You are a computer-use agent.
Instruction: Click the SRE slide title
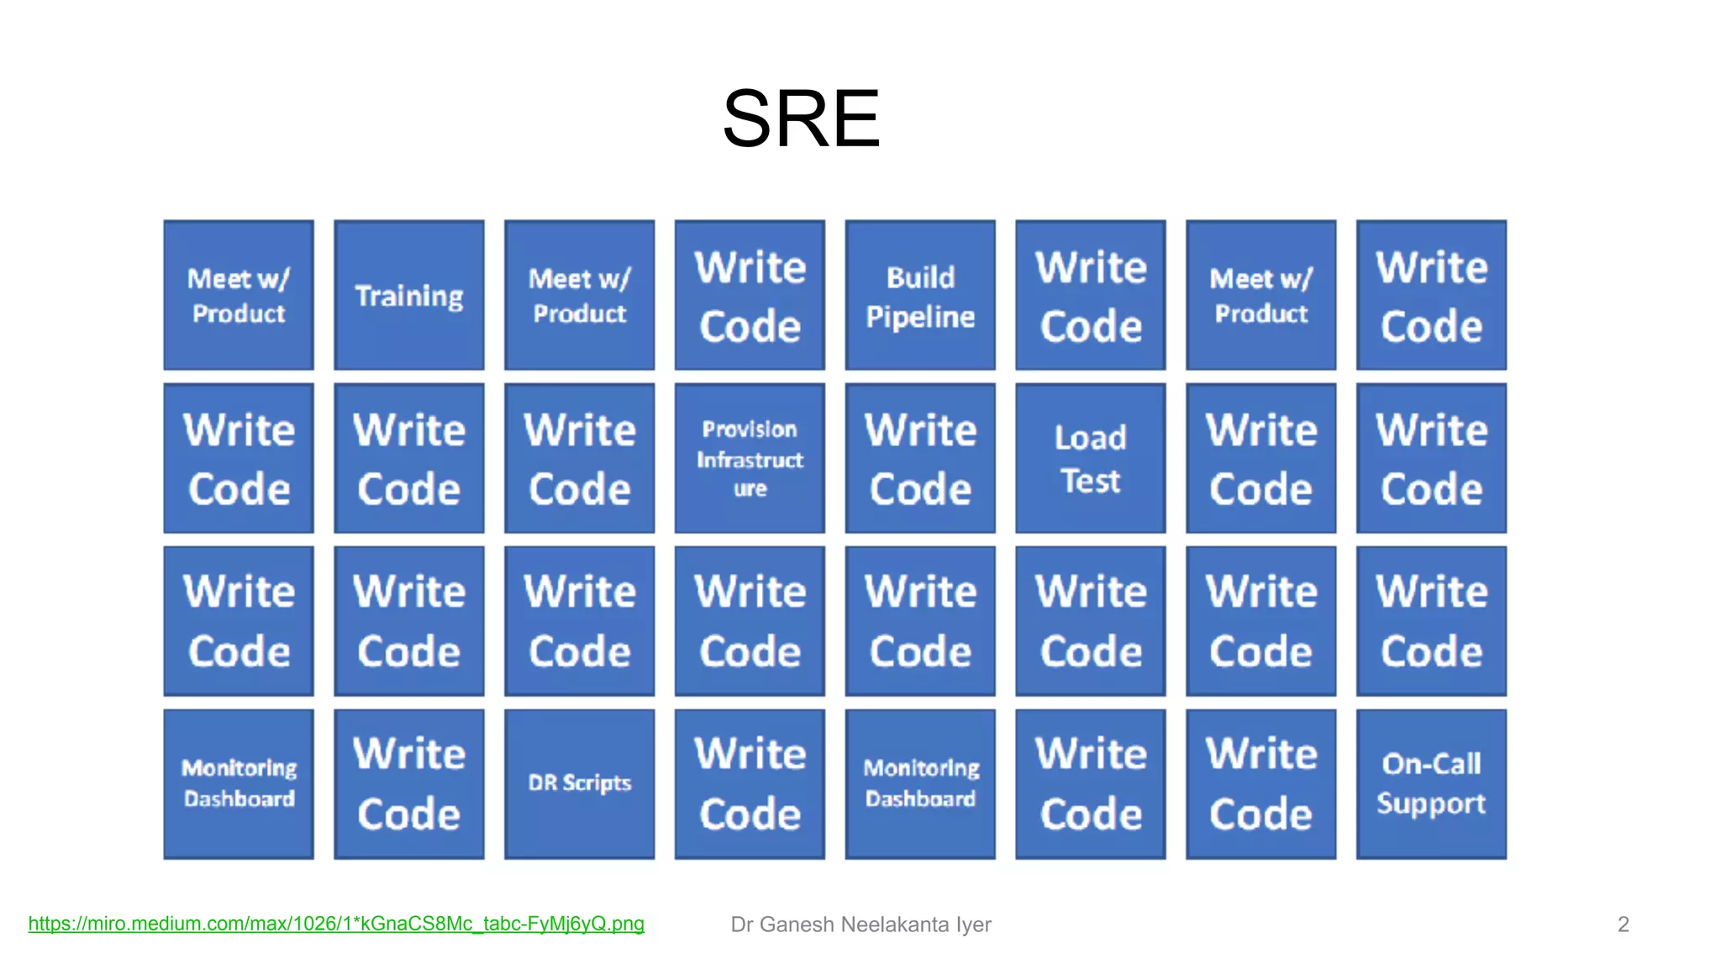tap(801, 118)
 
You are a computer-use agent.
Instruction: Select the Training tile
tap(408, 295)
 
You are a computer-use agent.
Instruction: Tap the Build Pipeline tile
tap(920, 295)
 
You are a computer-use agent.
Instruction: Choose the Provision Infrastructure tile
tap(750, 458)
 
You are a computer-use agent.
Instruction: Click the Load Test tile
tap(1090, 458)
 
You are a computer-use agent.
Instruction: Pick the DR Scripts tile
tap(579, 783)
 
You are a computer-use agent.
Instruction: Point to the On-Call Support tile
tap(1431, 783)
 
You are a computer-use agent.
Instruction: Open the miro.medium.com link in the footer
tap(336, 924)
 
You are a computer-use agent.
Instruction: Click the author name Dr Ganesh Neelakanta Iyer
tap(860, 924)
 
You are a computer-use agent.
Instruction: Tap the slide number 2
tap(1623, 924)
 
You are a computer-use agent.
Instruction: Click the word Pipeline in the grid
tap(920, 317)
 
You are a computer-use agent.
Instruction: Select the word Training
tap(408, 297)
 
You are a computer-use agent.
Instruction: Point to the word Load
tap(1090, 438)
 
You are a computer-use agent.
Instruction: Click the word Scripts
tap(597, 783)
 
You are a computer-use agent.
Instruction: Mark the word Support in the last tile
tap(1431, 804)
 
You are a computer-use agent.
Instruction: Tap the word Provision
tap(750, 429)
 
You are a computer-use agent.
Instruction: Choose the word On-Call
tap(1431, 764)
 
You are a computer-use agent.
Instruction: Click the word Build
tap(920, 277)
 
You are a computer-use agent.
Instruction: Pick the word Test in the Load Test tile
tap(1090, 482)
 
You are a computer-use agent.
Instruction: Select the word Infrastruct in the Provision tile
tap(750, 460)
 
